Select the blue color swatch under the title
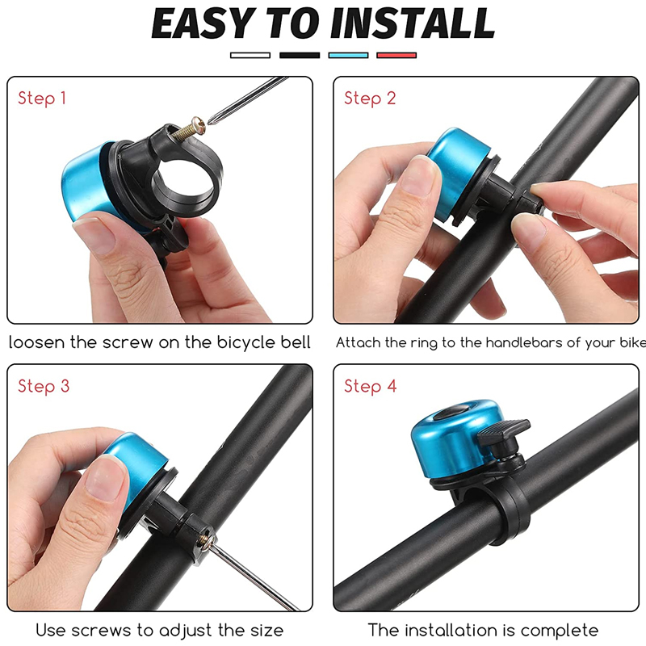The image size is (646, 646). tap(348, 55)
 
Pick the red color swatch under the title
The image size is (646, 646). tap(396, 55)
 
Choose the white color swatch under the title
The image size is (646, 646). tap(250, 55)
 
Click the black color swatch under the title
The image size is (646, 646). tap(300, 55)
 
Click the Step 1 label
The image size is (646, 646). tap(42, 99)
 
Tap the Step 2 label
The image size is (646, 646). tap(370, 99)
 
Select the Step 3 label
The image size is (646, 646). tap(44, 386)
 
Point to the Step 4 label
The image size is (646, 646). tap(370, 386)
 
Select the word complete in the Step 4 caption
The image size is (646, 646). tap(559, 630)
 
